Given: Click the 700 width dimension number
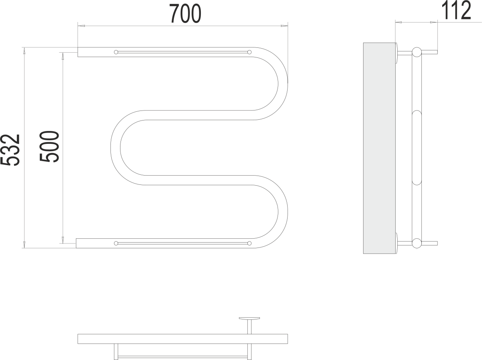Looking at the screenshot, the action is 185,14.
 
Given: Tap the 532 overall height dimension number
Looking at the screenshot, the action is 10,150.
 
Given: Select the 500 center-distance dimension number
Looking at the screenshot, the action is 49,147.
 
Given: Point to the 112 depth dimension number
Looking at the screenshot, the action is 456,10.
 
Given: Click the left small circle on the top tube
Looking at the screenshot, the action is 116,52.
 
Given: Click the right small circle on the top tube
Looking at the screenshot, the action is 249,52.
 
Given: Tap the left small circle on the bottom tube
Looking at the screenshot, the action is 116,243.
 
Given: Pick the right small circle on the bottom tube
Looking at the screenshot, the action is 249,243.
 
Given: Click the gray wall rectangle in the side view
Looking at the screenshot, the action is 379,148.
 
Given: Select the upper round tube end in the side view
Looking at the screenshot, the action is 417,52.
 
